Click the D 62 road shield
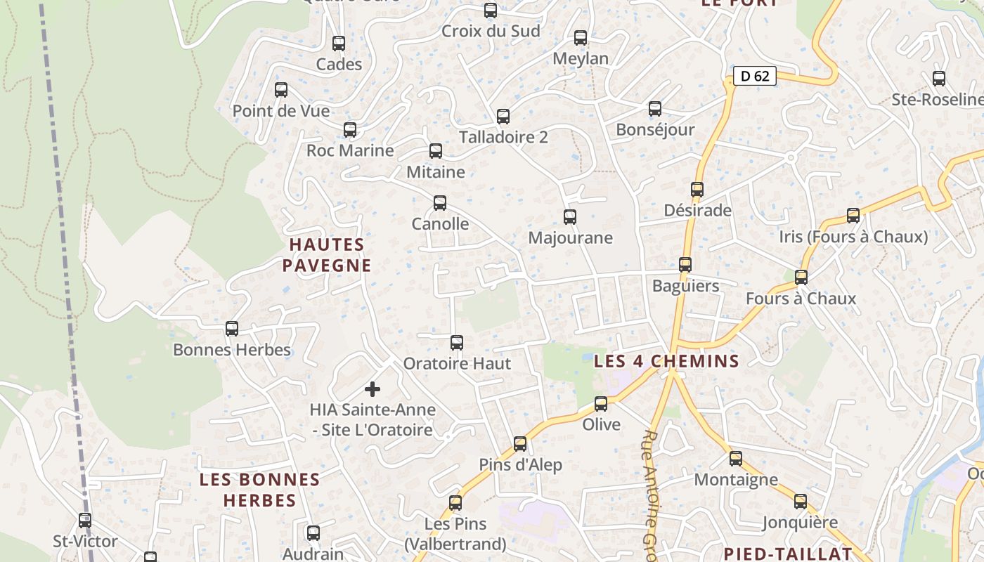(x=755, y=76)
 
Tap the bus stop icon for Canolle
(x=440, y=203)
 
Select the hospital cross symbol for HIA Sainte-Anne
(x=373, y=389)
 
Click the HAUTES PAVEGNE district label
(x=327, y=255)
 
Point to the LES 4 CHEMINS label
(x=666, y=362)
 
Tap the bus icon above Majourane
(x=570, y=217)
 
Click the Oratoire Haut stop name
(x=457, y=364)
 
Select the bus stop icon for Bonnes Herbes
(x=232, y=329)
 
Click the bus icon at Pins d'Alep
(x=520, y=444)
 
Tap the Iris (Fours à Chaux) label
(x=853, y=237)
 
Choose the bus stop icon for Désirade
(x=697, y=190)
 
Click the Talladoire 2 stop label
(x=503, y=137)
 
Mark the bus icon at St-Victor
(x=85, y=521)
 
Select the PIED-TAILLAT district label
(x=787, y=554)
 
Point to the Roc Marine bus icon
(x=350, y=130)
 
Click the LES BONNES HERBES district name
(x=259, y=490)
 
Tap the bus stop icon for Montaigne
(x=736, y=459)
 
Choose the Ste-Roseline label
(x=938, y=100)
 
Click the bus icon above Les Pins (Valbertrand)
(x=455, y=503)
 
